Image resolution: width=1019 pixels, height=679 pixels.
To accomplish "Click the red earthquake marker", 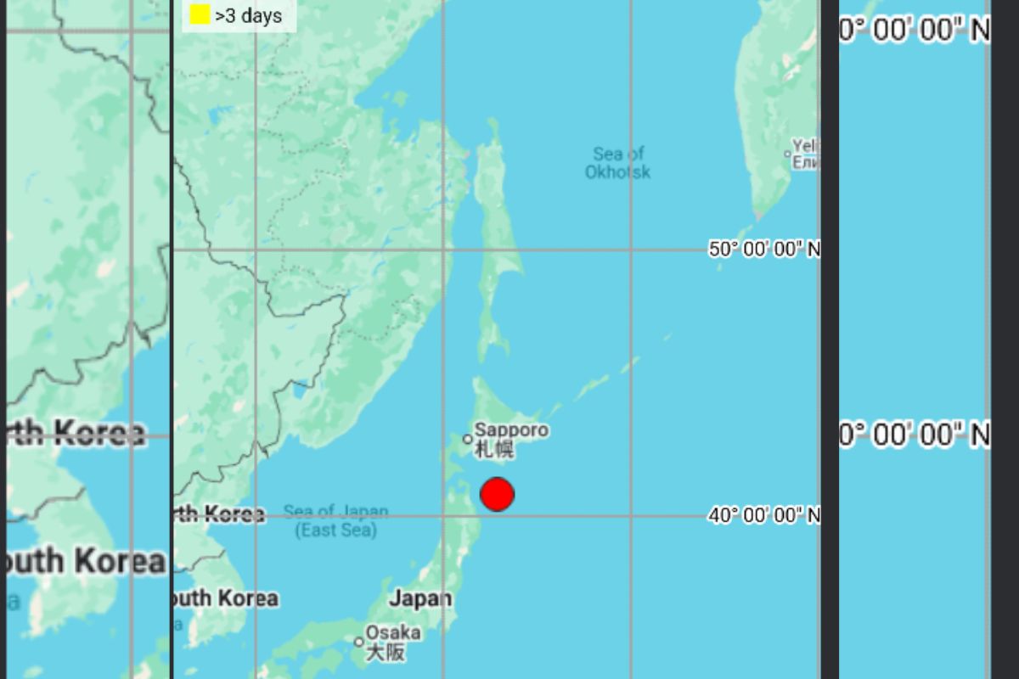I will [x=497, y=494].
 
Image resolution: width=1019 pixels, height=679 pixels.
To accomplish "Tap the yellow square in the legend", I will [x=200, y=14].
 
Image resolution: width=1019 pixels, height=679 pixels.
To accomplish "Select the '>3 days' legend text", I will [x=248, y=15].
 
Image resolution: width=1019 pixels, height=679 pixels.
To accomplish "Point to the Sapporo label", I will [x=511, y=430].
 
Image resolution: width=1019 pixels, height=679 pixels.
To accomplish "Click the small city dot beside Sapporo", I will [x=467, y=440].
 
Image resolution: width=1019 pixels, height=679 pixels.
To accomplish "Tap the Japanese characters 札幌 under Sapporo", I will [x=494, y=449].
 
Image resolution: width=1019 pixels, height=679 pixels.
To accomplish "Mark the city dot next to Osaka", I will [x=359, y=642].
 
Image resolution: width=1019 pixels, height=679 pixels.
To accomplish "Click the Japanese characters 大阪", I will [x=385, y=652].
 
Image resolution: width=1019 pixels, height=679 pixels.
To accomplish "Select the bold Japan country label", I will [x=420, y=598].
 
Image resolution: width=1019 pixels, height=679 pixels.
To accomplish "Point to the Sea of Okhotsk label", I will [x=618, y=163].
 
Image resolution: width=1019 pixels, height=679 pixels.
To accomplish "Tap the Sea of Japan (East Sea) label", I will [x=336, y=521].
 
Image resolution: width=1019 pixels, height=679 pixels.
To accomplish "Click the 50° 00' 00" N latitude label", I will [x=764, y=250].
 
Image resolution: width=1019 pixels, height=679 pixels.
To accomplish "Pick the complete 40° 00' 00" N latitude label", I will [x=764, y=515].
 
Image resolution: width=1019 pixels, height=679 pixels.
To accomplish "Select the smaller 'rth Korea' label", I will [x=219, y=514].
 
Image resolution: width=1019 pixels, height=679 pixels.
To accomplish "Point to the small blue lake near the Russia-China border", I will [x=298, y=390].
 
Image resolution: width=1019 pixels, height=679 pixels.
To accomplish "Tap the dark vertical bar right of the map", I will [x=830, y=339].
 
